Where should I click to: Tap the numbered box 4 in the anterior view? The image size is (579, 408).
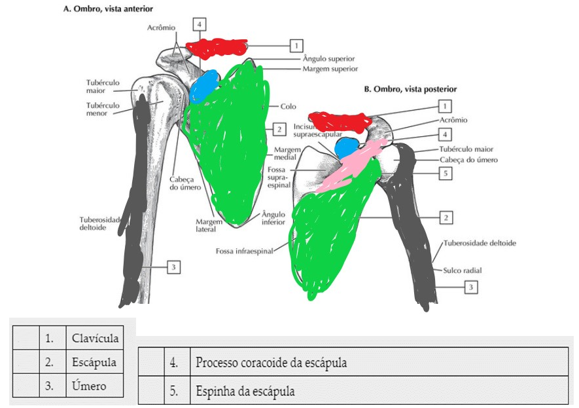pyautogui.click(x=201, y=24)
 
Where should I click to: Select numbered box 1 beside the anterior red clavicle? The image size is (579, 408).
pyautogui.click(x=296, y=45)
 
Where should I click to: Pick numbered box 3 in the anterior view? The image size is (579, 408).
pyautogui.click(x=173, y=267)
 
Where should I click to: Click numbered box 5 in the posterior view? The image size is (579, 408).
pyautogui.click(x=444, y=174)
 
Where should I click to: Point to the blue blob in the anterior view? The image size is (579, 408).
pyautogui.click(x=204, y=86)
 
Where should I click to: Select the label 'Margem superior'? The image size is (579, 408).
pyautogui.click(x=330, y=68)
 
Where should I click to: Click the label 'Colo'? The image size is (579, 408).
pyautogui.click(x=289, y=105)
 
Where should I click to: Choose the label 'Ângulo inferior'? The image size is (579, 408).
pyautogui.click(x=273, y=217)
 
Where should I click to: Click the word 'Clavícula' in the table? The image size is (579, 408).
pyautogui.click(x=95, y=339)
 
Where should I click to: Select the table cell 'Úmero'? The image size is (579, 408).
pyautogui.click(x=85, y=385)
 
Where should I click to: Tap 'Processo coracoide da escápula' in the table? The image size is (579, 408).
pyautogui.click(x=271, y=362)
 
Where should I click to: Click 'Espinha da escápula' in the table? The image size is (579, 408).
pyautogui.click(x=245, y=392)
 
